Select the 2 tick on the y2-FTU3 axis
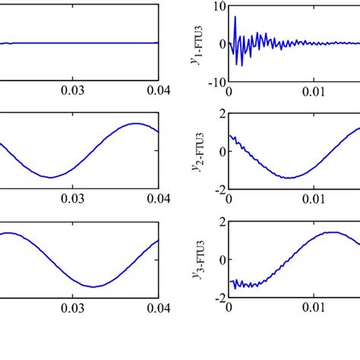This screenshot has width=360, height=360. click(220, 114)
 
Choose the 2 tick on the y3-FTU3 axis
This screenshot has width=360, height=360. click(220, 223)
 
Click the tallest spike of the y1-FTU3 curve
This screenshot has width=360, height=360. click(235, 16)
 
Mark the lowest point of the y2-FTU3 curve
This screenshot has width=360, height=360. click(289, 178)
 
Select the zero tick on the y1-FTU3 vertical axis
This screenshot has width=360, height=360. click(221, 44)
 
